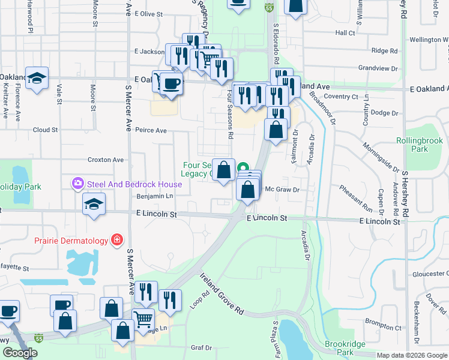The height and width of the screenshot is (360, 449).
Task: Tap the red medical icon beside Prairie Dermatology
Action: [116, 241]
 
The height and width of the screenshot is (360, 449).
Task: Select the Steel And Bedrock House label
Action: [125, 183]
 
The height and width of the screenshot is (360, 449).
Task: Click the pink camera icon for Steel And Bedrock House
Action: [77, 183]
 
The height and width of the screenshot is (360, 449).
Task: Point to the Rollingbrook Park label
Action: [420, 145]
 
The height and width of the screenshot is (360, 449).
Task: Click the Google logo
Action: [20, 353]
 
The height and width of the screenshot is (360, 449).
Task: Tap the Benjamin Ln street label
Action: [155, 196]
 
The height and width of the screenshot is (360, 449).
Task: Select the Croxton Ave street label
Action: [105, 160]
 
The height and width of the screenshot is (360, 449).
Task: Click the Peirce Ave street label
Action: [151, 130]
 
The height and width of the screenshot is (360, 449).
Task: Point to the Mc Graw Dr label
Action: [282, 189]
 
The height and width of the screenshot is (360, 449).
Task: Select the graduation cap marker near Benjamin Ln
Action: [94, 204]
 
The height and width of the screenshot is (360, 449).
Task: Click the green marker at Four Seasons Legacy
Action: [243, 167]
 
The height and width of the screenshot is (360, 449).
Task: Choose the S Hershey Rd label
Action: [405, 192]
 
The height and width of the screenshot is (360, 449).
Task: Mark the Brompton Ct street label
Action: [382, 324]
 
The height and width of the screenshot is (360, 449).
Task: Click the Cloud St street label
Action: [45, 130]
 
